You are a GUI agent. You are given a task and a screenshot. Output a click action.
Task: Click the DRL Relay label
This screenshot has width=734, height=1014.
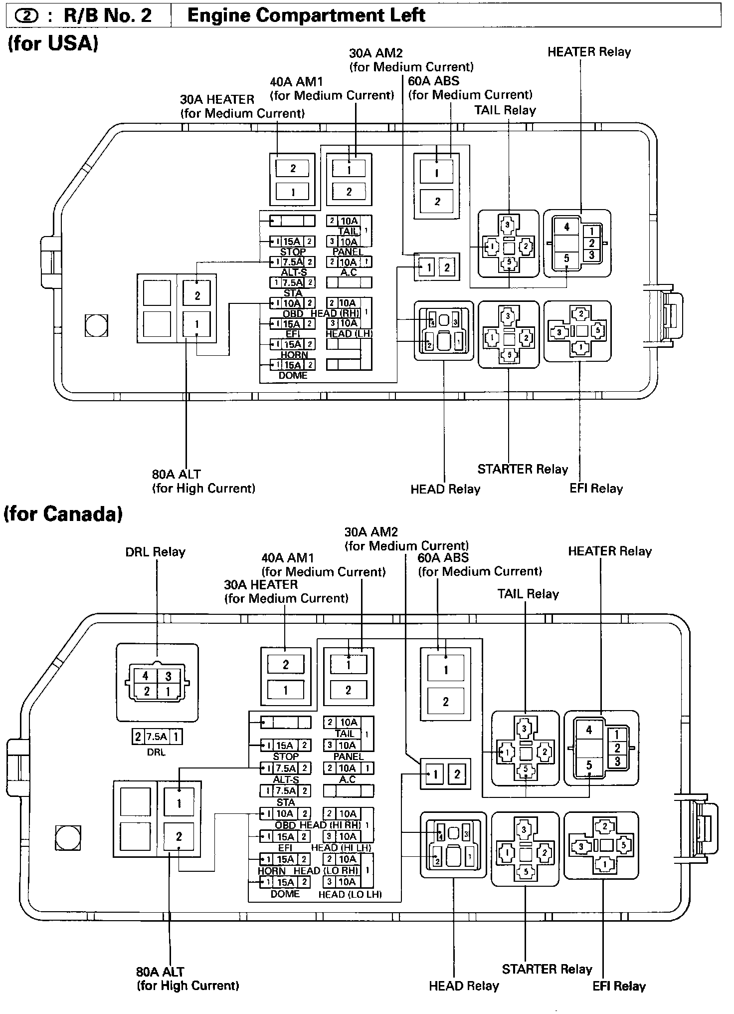tap(155, 552)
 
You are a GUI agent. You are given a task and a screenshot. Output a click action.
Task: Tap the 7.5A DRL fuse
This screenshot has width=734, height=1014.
tap(157, 737)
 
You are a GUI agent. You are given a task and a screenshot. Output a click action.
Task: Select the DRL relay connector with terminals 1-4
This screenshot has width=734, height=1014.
tap(157, 683)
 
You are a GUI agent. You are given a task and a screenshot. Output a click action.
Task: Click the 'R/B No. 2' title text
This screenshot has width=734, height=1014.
tap(107, 15)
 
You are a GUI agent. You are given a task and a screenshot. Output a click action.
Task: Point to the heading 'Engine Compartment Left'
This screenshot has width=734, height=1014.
tap(306, 15)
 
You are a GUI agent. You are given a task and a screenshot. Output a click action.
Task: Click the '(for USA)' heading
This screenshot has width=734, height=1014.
tap(53, 43)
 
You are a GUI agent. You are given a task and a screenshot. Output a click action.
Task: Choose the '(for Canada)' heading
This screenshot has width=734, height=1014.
tap(63, 514)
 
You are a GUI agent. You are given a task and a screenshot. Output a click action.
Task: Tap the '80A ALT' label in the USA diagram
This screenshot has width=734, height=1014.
tap(177, 474)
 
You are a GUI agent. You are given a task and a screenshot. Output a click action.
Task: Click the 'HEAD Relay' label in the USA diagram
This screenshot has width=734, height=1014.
tap(445, 489)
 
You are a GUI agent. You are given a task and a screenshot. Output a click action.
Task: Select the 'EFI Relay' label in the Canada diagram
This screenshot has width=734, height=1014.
tap(619, 986)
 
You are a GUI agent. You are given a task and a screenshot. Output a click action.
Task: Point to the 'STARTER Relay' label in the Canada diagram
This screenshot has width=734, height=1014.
tap(547, 969)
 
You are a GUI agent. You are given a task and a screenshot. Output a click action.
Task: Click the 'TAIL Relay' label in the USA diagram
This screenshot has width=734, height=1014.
tap(505, 110)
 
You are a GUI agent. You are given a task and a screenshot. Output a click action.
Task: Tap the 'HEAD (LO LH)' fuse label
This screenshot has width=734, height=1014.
tap(350, 895)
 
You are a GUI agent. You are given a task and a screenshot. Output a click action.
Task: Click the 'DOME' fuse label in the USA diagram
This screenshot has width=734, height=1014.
tap(293, 375)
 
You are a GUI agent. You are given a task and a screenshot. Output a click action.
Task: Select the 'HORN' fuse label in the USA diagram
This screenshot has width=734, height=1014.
tap(294, 355)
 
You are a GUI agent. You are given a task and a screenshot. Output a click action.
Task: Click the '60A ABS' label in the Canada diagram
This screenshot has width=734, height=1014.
tap(443, 557)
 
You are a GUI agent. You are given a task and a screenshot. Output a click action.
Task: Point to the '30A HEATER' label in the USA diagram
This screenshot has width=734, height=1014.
tap(217, 99)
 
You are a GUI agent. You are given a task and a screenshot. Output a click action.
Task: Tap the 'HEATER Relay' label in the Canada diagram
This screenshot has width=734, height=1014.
tap(610, 551)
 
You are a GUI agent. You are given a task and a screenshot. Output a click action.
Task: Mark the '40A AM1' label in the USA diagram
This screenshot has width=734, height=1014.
tap(297, 81)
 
